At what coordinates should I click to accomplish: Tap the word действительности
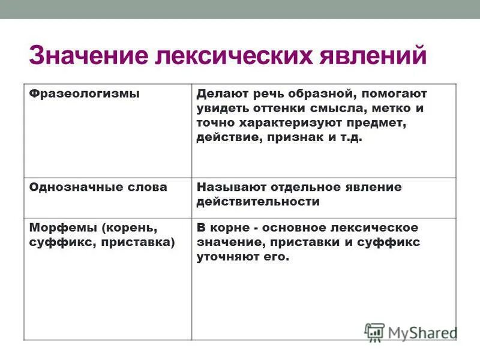(x=258, y=202)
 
